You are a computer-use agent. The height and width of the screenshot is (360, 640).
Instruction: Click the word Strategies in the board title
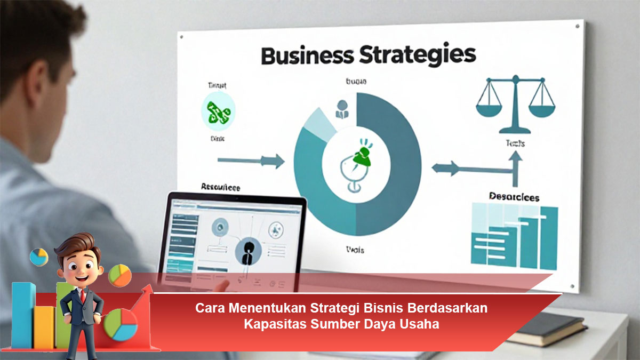point(415,55)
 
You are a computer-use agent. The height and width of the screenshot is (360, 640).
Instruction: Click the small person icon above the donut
point(341,109)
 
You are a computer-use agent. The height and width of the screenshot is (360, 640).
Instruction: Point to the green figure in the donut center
point(363,156)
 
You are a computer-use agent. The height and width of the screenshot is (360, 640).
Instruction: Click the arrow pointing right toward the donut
point(251,159)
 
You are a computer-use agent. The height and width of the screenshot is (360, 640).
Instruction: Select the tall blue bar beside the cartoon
point(23,315)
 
